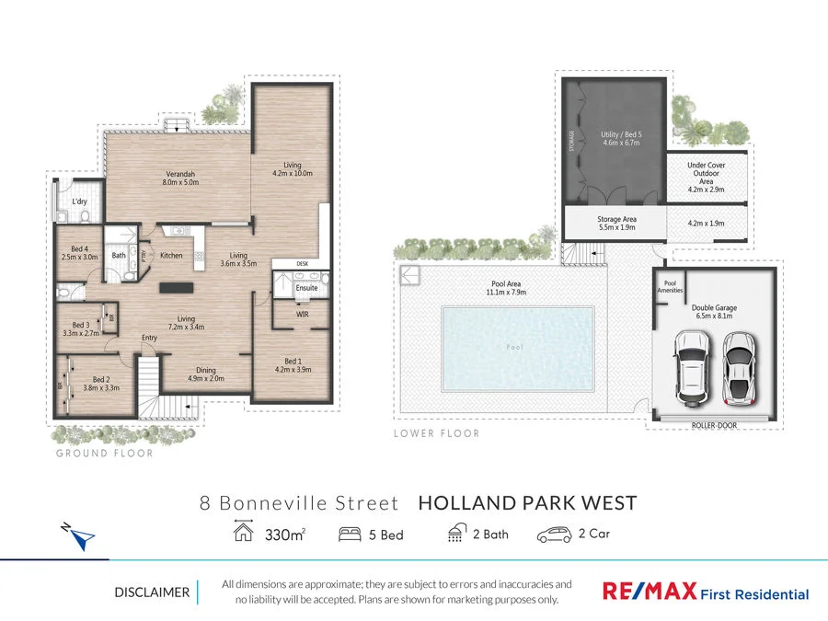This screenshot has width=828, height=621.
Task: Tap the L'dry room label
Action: (79, 201)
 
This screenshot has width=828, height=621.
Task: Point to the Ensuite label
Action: (306, 288)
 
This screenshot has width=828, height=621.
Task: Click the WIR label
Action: (302, 315)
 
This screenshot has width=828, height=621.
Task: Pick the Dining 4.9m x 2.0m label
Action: (206, 373)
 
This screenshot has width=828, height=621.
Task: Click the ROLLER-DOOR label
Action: (714, 425)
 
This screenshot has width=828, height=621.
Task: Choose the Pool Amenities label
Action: (670, 286)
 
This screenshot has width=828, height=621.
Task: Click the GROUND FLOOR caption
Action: (104, 453)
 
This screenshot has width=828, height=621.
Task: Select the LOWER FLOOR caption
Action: (436, 432)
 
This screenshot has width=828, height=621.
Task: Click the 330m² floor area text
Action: (285, 534)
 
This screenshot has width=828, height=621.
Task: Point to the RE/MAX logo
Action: (648, 592)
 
